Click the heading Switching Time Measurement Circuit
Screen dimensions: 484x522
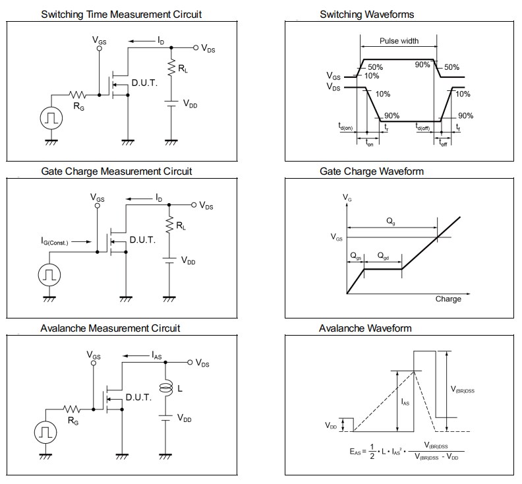pyautogui.click(x=121, y=14)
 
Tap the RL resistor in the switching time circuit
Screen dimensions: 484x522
pyautogui.click(x=171, y=69)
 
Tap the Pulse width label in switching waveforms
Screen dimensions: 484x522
pyautogui.click(x=399, y=41)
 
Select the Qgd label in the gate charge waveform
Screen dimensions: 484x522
pyautogui.click(x=384, y=255)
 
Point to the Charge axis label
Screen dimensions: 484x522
pyautogui.click(x=448, y=299)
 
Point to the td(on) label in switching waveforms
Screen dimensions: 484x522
pyautogui.click(x=345, y=127)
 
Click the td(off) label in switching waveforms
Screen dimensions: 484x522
pyautogui.click(x=423, y=127)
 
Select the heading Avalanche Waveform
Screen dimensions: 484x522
pyautogui.click(x=365, y=328)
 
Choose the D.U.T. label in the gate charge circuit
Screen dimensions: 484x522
pyautogui.click(x=142, y=240)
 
